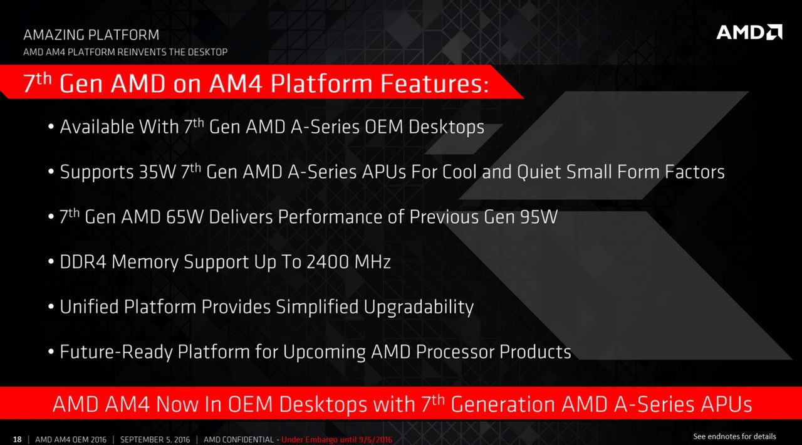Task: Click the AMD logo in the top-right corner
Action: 749,32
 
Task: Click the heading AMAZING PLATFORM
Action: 91,34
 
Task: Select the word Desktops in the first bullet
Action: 446,127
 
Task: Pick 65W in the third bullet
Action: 185,217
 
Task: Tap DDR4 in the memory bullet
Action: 83,261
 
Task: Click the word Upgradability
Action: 419,307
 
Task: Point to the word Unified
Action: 89,306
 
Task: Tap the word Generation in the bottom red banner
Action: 503,404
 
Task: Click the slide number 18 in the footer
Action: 17,439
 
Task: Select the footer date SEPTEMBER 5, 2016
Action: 155,439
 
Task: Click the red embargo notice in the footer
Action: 337,439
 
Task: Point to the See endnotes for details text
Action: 734,436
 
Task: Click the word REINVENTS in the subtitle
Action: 141,52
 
